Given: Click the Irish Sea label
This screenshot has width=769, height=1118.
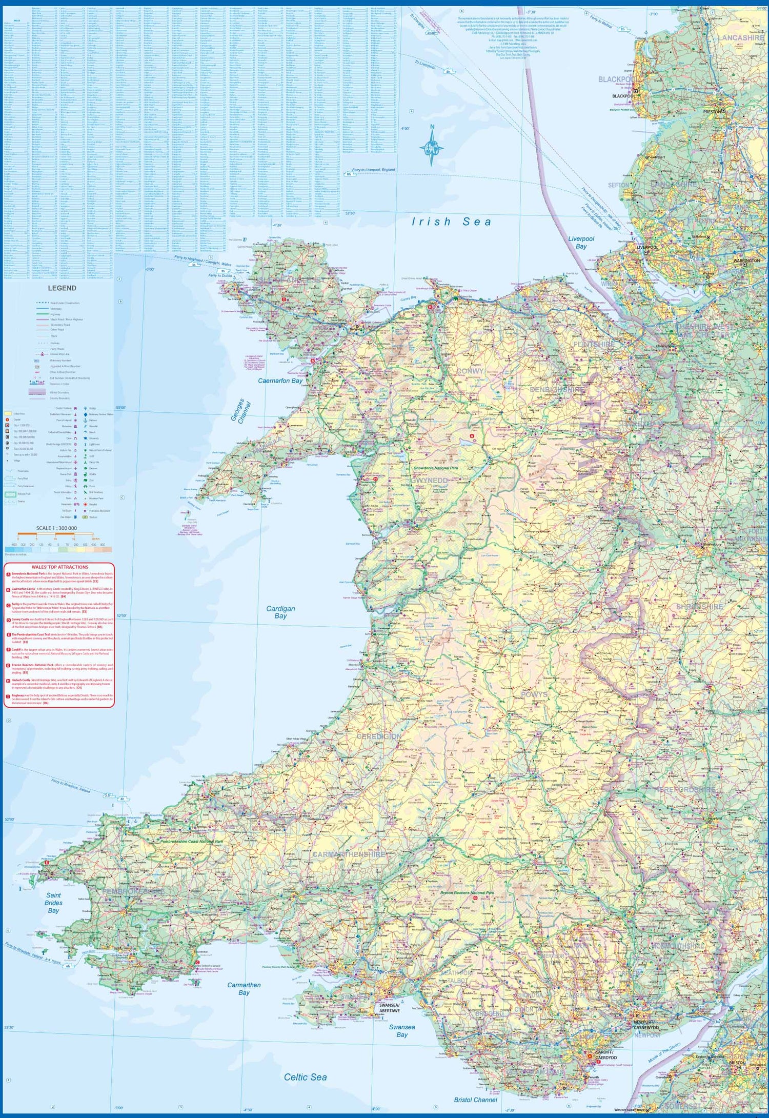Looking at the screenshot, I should [452, 222].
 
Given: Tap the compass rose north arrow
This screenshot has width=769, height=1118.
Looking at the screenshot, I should [432, 146].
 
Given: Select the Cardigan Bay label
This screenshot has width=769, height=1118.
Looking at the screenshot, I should [280, 612].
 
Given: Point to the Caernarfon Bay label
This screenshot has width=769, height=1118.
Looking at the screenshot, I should [280, 381].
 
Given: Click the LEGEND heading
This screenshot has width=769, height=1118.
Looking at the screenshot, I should [62, 288].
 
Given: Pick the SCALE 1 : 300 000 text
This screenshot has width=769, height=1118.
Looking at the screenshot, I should [56, 528].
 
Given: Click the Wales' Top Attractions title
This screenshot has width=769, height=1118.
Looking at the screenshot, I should [59, 567].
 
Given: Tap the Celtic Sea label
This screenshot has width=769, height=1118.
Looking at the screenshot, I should [305, 1077].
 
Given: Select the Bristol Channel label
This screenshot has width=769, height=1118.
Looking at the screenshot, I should [475, 1100].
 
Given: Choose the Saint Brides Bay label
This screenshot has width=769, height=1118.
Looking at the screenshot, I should [53, 903].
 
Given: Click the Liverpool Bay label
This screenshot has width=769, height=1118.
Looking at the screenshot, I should [581, 242].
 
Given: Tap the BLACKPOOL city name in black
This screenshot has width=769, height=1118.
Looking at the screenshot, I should [623, 96].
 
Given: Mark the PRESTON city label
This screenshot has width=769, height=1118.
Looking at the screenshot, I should [712, 111].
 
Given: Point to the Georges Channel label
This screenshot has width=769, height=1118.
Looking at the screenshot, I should [240, 412].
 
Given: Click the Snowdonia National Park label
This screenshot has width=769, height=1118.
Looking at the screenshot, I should [436, 468].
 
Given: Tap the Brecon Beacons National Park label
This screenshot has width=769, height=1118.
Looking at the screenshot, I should [467, 893].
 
